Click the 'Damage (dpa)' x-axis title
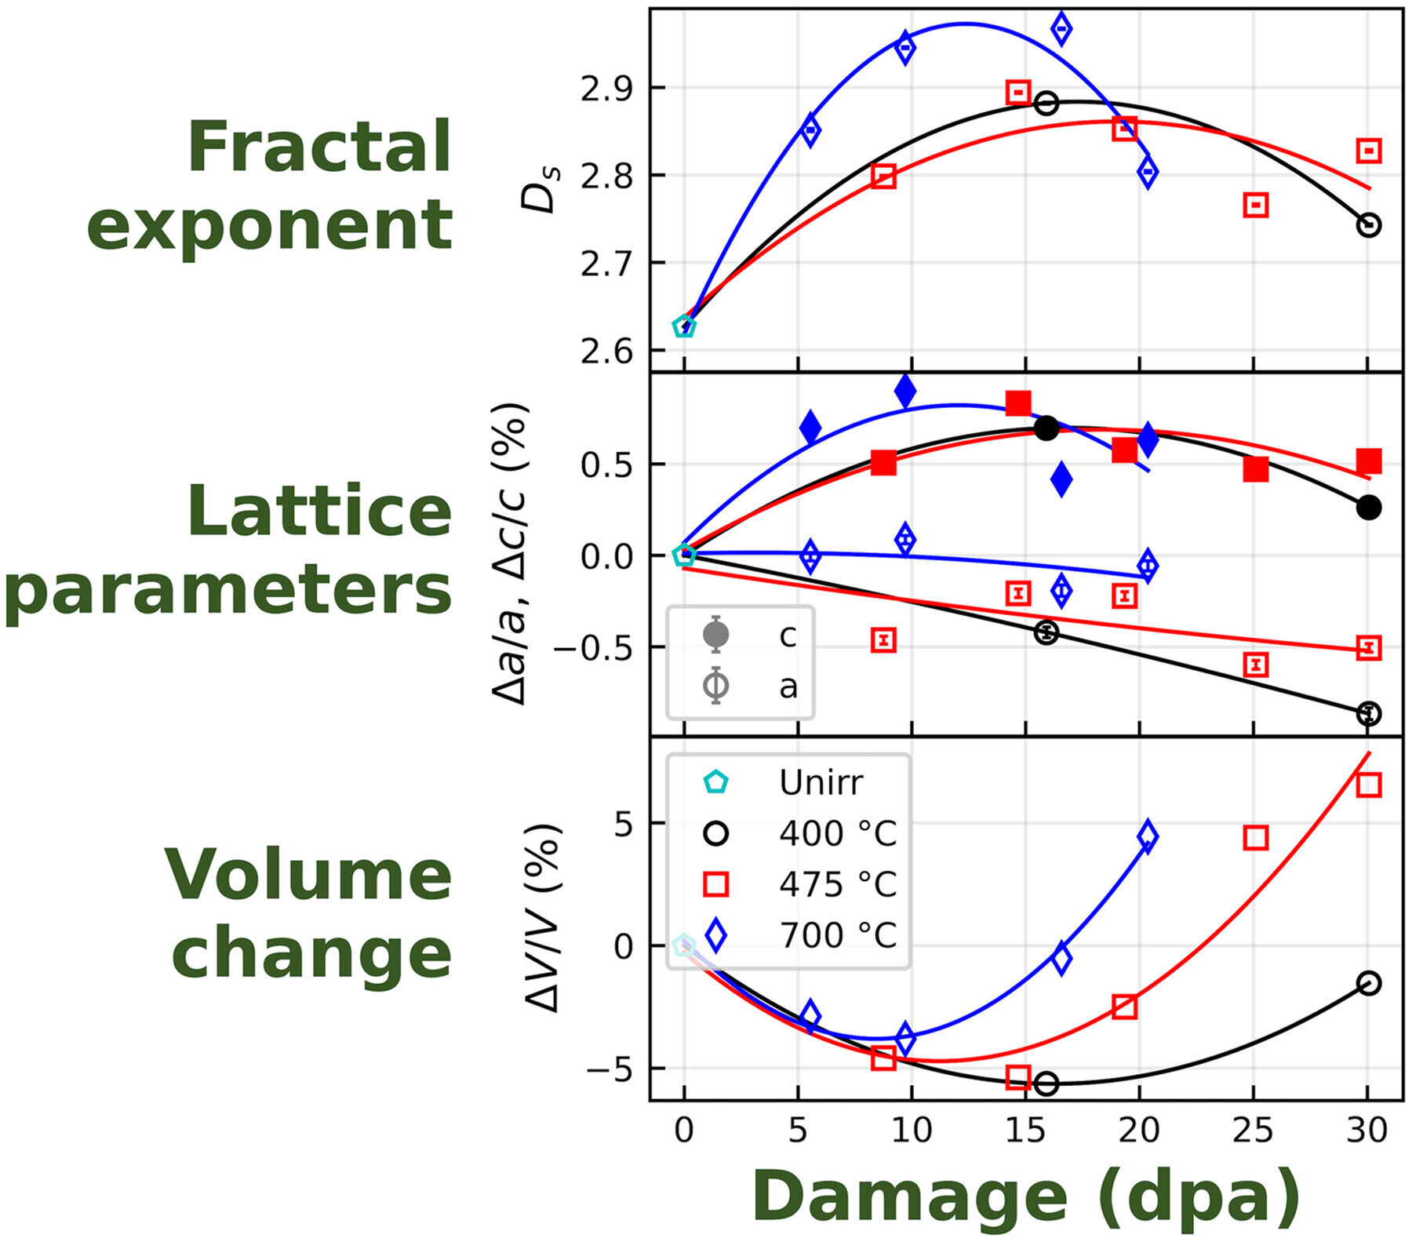click(x=1026, y=1198)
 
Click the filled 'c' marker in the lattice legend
click(x=716, y=634)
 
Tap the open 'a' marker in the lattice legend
click(x=716, y=686)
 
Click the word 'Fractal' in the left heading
click(x=319, y=148)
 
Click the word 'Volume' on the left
click(x=308, y=876)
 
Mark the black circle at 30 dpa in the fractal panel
click(x=1368, y=225)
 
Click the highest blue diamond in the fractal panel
click(x=1061, y=29)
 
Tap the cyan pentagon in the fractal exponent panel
click(x=684, y=326)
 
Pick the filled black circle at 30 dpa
click(x=1368, y=508)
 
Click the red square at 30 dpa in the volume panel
click(x=1368, y=785)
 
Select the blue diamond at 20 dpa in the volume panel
click(x=1147, y=836)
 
